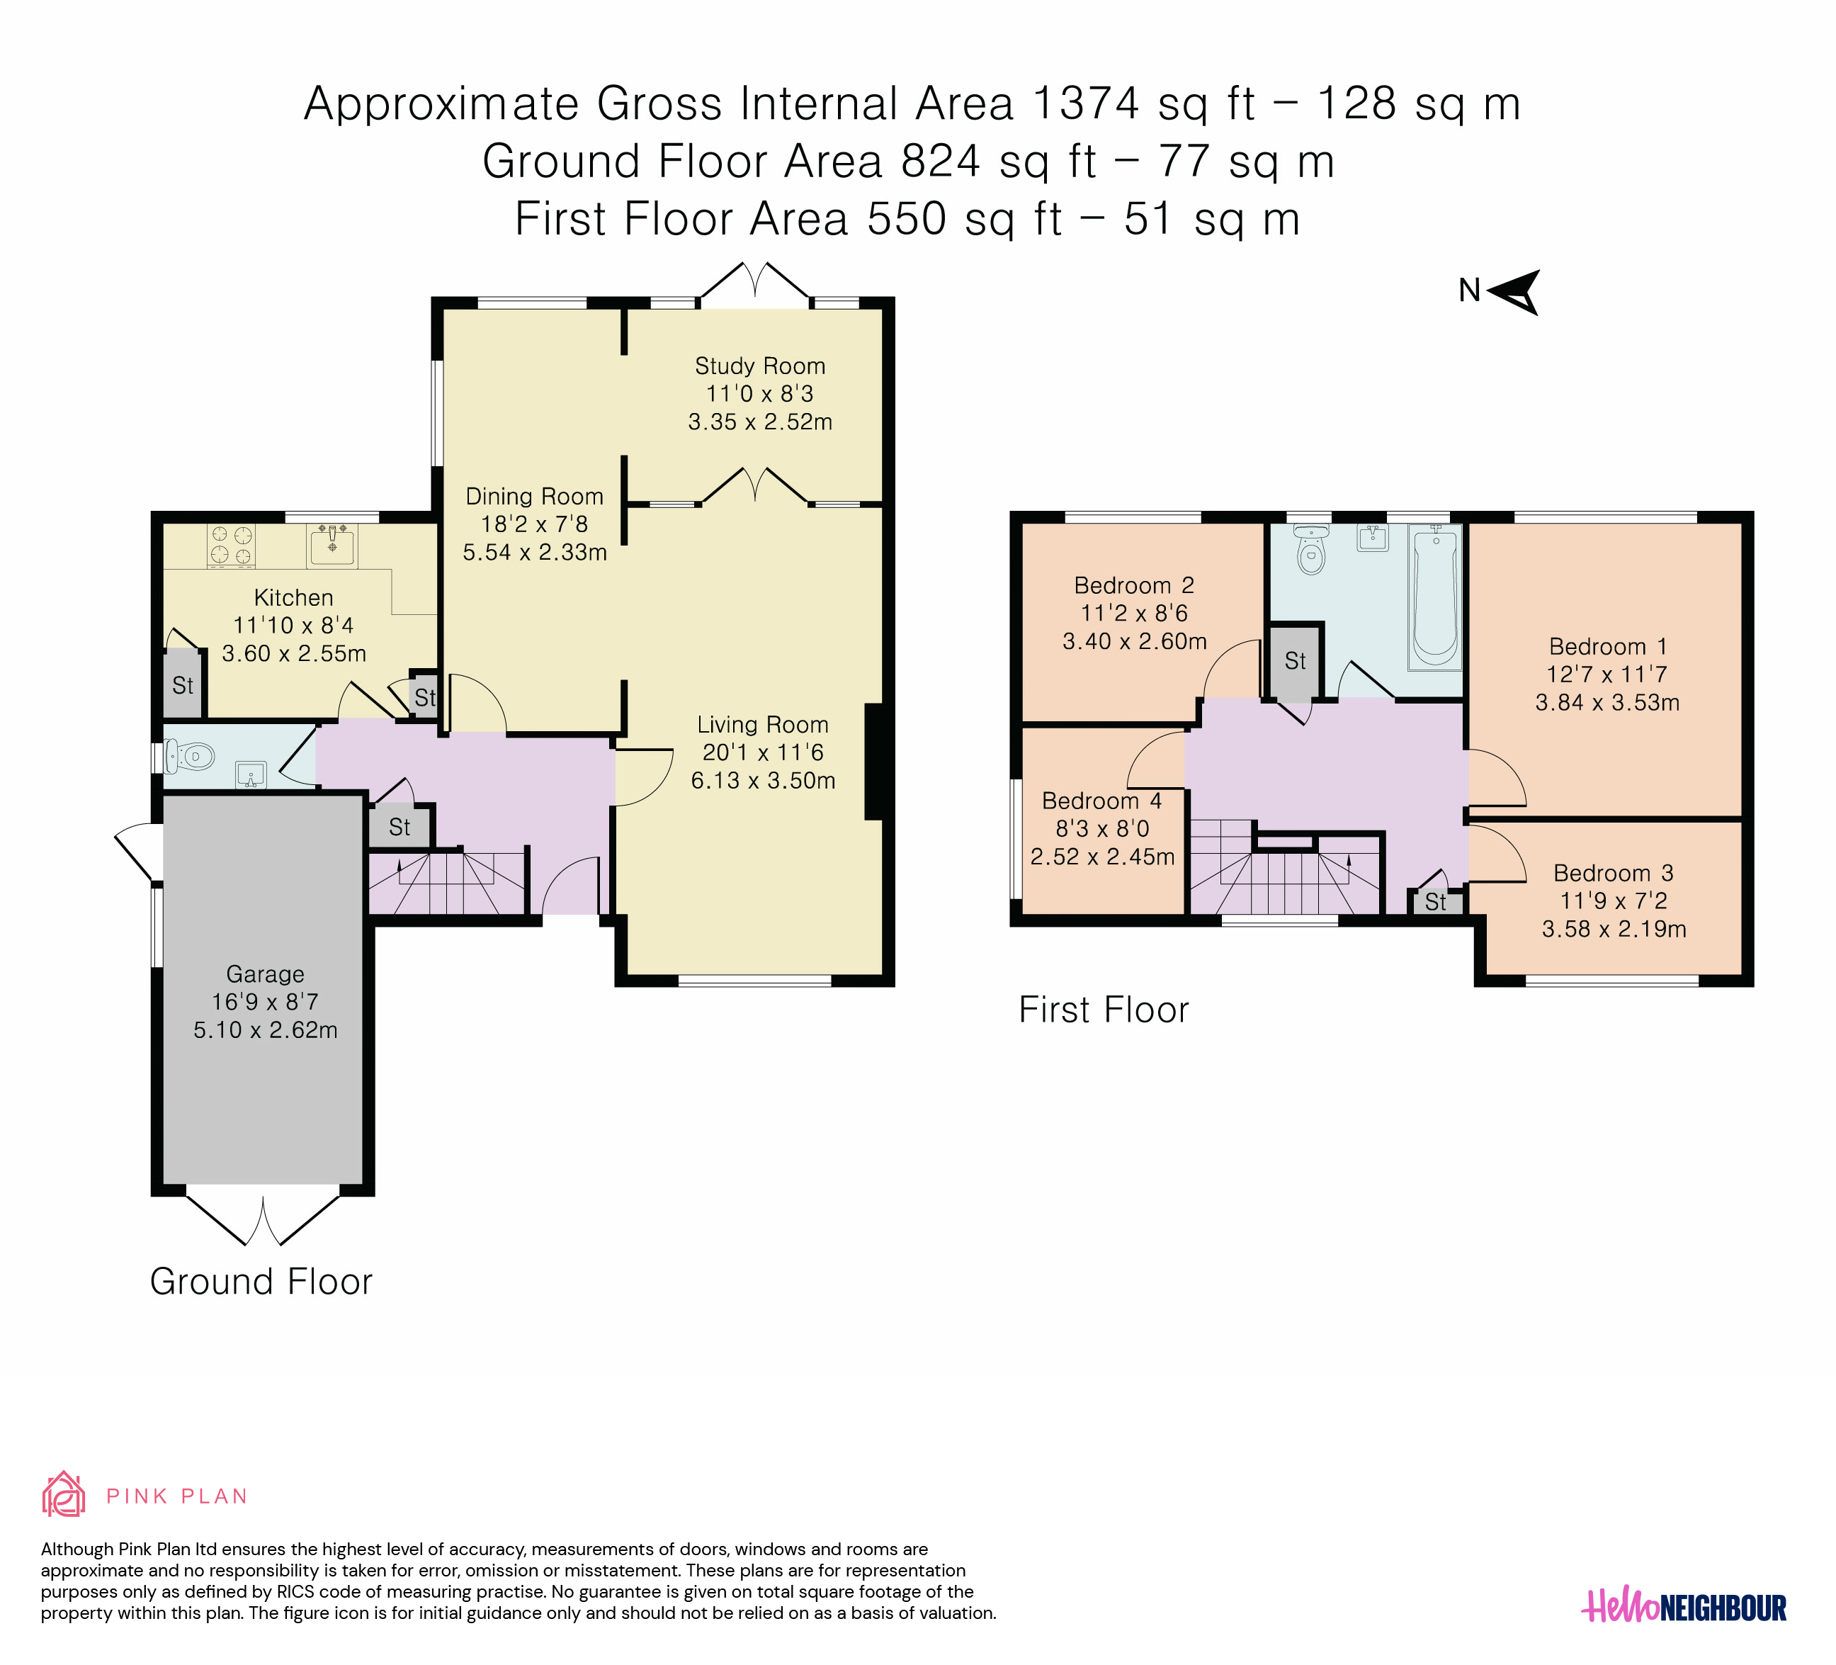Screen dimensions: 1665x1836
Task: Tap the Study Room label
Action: coord(759,366)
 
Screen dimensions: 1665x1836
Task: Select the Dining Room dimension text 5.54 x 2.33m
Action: coord(535,553)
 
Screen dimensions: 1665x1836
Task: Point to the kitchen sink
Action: coord(331,546)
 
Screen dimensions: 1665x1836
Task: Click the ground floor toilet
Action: coord(189,756)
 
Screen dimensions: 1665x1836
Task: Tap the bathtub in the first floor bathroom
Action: coord(1435,597)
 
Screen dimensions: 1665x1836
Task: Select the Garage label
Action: coord(265,975)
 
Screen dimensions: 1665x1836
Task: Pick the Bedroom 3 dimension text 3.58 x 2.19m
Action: coord(1614,929)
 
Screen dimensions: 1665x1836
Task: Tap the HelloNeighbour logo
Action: coord(1683,1608)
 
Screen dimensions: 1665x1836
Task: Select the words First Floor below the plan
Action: coord(1103,1010)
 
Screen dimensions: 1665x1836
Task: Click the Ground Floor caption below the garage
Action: coord(261,1282)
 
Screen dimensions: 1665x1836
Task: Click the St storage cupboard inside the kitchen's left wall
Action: coord(182,685)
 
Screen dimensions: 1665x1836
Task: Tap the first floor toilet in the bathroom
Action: coord(1310,550)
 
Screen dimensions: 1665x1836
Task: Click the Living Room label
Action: coord(762,725)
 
